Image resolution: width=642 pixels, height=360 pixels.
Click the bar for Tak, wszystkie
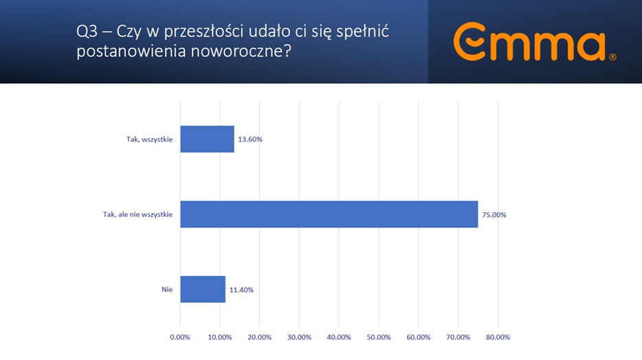tap(207, 139)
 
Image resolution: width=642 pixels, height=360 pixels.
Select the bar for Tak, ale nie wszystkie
tap(329, 214)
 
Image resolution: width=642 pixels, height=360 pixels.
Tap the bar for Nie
tap(203, 289)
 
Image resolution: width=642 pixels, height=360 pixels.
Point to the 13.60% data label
tap(250, 139)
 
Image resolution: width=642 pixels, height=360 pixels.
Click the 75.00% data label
tap(494, 215)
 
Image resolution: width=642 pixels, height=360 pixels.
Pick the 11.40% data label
tap(241, 290)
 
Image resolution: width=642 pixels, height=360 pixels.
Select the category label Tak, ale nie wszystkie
tap(133, 215)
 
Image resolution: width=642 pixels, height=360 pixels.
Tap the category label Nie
tap(168, 290)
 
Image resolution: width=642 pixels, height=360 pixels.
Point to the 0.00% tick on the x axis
tap(180, 337)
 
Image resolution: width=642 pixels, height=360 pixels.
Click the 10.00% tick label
tap(220, 337)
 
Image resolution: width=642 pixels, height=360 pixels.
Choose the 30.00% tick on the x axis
tap(299, 337)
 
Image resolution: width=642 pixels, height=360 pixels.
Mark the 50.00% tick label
tap(379, 337)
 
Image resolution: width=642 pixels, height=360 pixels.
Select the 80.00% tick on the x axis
tap(498, 337)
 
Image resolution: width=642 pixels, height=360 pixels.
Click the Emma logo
tap(529, 43)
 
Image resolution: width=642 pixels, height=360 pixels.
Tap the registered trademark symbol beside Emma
tap(612, 58)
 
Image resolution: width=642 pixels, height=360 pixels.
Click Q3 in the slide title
tap(87, 32)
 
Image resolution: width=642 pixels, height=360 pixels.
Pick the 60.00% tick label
tap(419, 337)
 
